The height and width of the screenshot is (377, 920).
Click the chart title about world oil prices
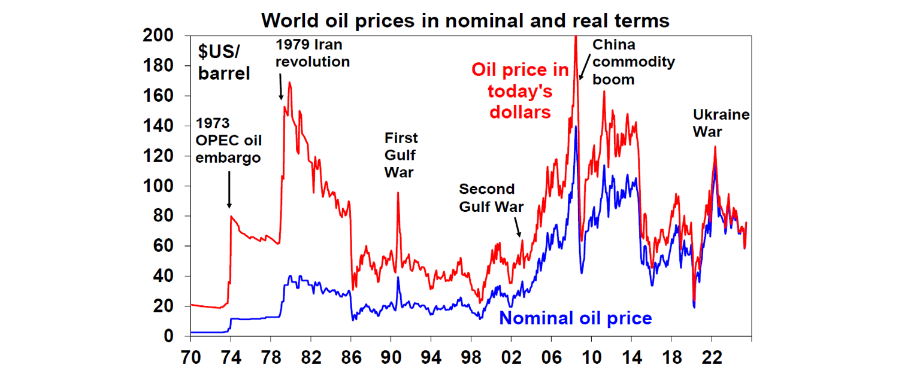click(x=465, y=20)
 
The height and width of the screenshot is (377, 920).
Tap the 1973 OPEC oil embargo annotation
click(x=228, y=141)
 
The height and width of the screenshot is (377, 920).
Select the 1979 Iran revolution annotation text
click(x=312, y=53)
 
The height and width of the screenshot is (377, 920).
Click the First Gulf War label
click(x=401, y=154)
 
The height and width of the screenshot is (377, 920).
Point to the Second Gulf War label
click(x=491, y=198)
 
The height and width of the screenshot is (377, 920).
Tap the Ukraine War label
click(x=721, y=123)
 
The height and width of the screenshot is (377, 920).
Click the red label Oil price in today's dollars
click(x=520, y=91)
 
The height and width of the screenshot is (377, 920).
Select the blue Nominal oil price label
click(x=575, y=318)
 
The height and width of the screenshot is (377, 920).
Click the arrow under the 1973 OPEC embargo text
click(x=229, y=191)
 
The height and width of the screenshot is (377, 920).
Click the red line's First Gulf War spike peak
click(x=397, y=193)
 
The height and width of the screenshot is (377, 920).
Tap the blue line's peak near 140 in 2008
click(x=576, y=127)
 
